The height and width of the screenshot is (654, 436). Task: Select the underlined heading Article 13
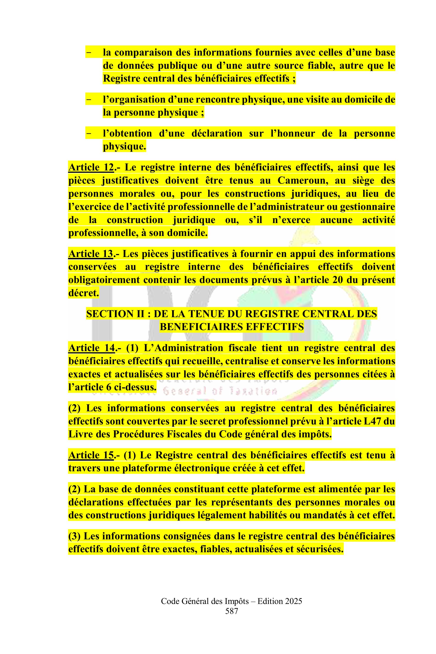coord(90,254)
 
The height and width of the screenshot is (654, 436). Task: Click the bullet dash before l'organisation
coord(89,100)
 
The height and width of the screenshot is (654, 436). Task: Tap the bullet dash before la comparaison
coord(89,53)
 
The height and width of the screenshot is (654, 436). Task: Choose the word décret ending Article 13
coord(84,293)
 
